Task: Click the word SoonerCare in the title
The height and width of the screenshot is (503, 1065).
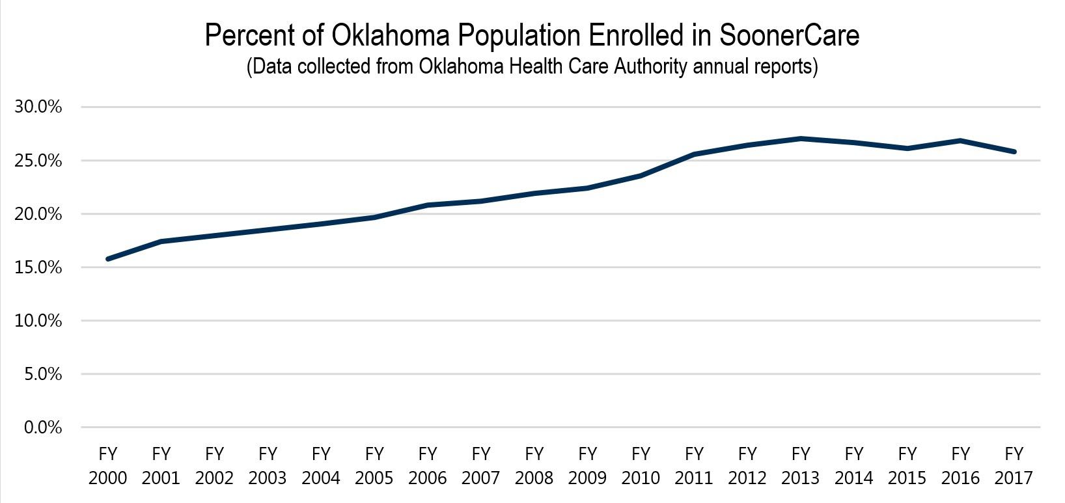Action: tap(789, 36)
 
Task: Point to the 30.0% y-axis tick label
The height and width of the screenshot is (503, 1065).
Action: tap(38, 107)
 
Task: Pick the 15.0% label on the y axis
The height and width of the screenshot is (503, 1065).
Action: tap(38, 267)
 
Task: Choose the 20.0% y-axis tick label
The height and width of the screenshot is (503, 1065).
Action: tap(38, 214)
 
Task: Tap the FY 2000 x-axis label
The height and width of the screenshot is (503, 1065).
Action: tap(107, 466)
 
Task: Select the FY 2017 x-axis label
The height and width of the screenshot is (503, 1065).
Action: tap(1014, 466)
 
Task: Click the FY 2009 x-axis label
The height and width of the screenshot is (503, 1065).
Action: tap(587, 466)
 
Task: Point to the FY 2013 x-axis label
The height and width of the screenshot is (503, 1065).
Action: tap(801, 466)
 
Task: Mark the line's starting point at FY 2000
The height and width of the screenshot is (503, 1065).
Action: tap(107, 259)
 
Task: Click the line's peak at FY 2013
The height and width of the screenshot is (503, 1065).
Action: tap(801, 139)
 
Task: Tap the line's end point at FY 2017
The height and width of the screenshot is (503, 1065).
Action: tap(1014, 152)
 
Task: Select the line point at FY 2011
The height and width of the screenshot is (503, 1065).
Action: tap(694, 154)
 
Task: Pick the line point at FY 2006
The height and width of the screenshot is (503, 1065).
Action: tap(428, 205)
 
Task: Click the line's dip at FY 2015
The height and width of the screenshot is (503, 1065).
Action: tap(907, 148)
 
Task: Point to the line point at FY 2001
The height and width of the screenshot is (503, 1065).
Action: tap(161, 241)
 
